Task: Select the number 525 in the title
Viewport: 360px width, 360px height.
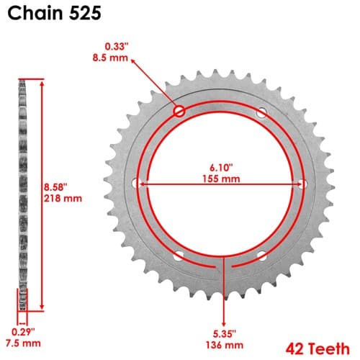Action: (x=86, y=13)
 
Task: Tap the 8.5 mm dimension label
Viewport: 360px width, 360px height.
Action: (x=110, y=58)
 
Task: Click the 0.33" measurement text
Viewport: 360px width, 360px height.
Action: (x=116, y=46)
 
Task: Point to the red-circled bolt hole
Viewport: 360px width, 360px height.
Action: (x=179, y=112)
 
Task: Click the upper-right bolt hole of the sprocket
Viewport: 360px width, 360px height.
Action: (x=261, y=112)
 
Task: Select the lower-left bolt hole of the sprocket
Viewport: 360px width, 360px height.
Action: (x=179, y=256)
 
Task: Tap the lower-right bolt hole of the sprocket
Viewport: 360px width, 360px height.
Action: (x=261, y=256)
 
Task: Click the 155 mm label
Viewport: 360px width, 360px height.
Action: (x=221, y=179)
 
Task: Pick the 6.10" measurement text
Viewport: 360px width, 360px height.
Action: (x=221, y=168)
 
